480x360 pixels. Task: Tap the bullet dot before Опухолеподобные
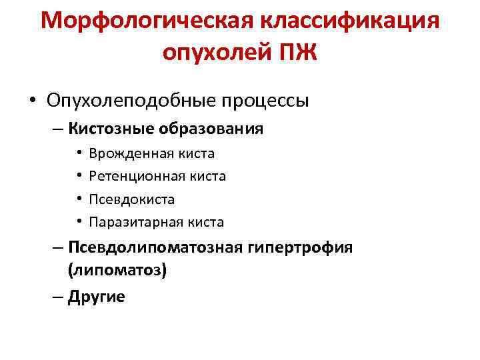pos(31,101)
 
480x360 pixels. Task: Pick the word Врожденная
pos(131,153)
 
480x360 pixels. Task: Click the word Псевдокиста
pos(131,199)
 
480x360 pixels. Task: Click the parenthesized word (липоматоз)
pos(116,271)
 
